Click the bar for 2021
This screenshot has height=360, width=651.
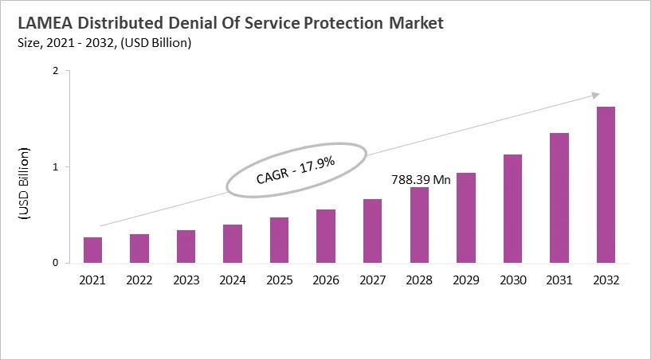coord(92,250)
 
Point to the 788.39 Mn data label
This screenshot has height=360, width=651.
coord(421,180)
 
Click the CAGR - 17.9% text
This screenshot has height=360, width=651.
coord(296,171)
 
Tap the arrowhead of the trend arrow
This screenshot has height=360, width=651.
coord(594,95)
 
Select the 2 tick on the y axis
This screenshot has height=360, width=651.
coord(56,71)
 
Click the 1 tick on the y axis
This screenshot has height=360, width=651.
coord(56,167)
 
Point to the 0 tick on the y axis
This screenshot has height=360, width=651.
coord(56,263)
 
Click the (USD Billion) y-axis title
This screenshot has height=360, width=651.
coord(24,183)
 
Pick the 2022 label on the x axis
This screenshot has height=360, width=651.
coord(139,280)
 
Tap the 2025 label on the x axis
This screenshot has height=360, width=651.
coord(279,280)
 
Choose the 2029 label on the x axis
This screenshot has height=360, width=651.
coord(465,280)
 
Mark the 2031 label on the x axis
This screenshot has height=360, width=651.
coord(559,280)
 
